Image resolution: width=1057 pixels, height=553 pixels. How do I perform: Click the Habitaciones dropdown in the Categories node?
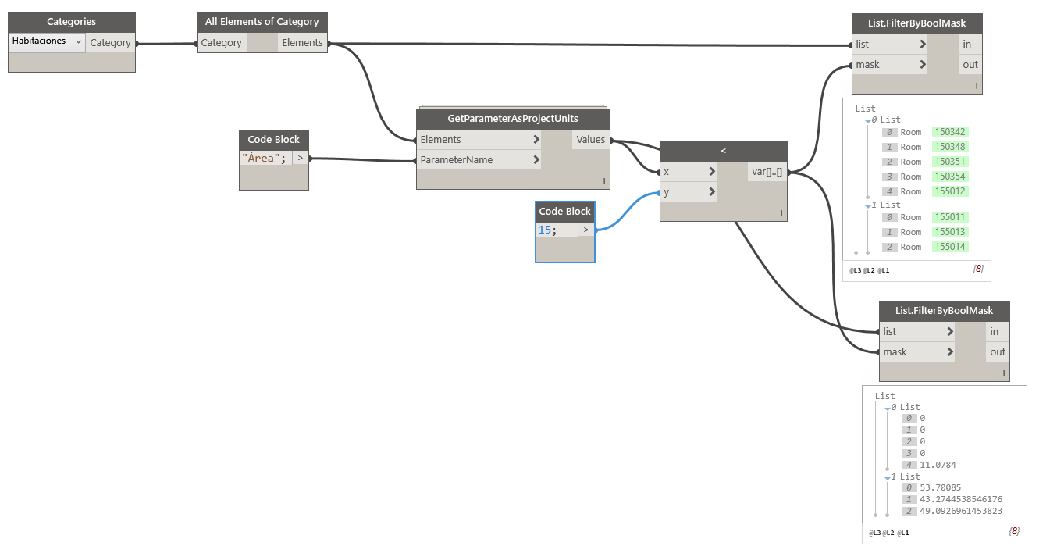pyautogui.click(x=47, y=41)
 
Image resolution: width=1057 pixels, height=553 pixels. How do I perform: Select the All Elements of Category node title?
pyautogui.click(x=262, y=22)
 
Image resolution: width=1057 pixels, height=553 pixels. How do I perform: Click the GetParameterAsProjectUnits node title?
pyautogui.click(x=513, y=119)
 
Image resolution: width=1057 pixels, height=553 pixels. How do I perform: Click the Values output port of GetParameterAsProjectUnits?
pyautogui.click(x=591, y=140)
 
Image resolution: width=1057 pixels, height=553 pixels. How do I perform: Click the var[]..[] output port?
pyautogui.click(x=767, y=172)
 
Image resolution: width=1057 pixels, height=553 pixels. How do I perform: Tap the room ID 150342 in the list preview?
pyautogui.click(x=950, y=132)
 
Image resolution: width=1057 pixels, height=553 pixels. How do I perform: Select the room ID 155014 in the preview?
pyautogui.click(x=950, y=247)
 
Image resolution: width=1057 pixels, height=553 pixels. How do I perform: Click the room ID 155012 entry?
pyautogui.click(x=950, y=191)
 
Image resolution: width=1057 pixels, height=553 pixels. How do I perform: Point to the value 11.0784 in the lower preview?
pyautogui.click(x=938, y=465)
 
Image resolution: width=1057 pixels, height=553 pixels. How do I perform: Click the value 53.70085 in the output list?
pyautogui.click(x=940, y=487)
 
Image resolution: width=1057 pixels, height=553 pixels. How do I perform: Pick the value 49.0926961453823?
pyautogui.click(x=960, y=511)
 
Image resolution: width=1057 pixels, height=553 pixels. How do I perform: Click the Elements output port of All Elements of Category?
pyautogui.click(x=302, y=43)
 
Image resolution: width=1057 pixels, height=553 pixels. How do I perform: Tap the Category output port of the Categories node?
pyautogui.click(x=110, y=43)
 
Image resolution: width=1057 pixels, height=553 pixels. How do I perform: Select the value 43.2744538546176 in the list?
pyautogui.click(x=960, y=499)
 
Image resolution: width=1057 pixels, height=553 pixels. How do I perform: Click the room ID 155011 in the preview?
pyautogui.click(x=950, y=217)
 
